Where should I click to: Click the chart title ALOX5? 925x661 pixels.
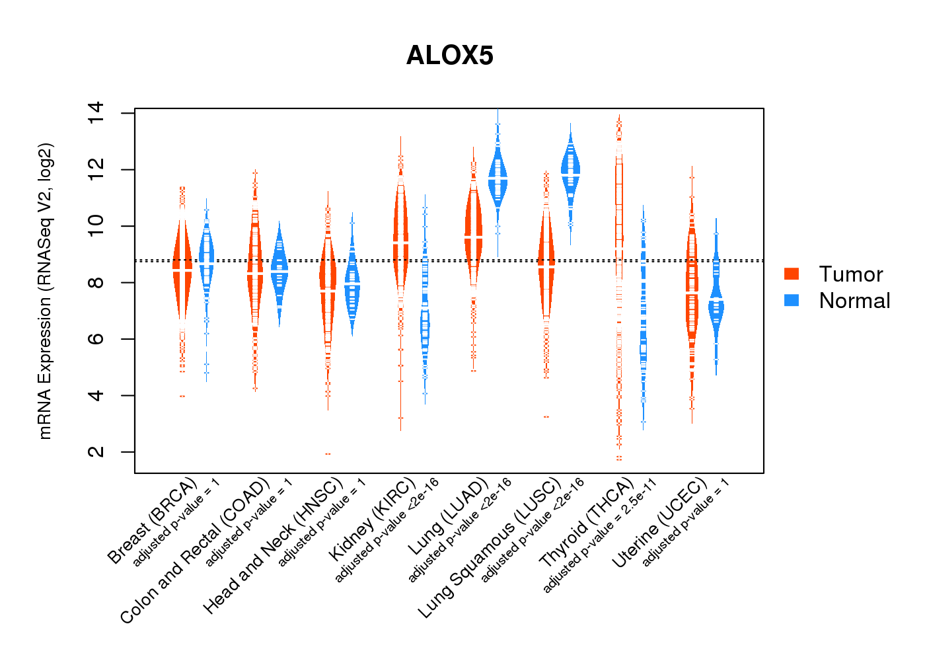tap(449, 56)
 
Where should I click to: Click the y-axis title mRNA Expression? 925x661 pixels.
tap(45, 291)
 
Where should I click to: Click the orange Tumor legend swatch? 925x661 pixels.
tap(792, 274)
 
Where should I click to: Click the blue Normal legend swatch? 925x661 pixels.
tap(792, 300)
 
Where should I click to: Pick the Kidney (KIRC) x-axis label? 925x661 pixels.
tap(373, 518)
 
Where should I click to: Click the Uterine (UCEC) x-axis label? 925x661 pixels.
tap(659, 524)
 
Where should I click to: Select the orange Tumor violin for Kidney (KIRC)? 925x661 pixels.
tap(400, 238)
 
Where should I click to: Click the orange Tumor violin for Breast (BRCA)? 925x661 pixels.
tap(182, 271)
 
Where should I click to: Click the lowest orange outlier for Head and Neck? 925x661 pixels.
tap(328, 454)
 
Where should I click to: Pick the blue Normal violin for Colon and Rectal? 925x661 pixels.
tap(279, 271)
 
